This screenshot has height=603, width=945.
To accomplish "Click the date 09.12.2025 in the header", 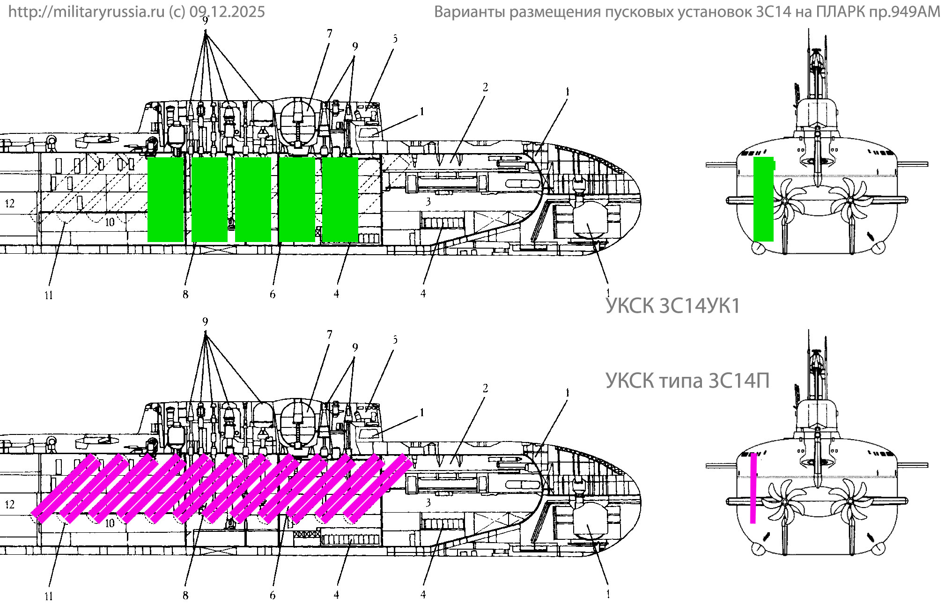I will coord(227,12).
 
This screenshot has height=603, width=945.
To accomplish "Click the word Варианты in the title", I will coord(469,12).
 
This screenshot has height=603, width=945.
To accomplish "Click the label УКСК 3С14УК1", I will coord(672,306).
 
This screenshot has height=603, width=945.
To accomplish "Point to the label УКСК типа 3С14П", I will coord(687,381).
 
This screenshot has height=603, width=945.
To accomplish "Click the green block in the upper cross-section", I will coord(763,199).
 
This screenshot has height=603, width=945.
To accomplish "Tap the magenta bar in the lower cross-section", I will coord(753,488).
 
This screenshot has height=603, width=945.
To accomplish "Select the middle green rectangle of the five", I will coord(253,199).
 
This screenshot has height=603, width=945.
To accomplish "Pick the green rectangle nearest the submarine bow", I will coord(340,199).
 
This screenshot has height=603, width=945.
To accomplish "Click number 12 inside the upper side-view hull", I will coord(10,204).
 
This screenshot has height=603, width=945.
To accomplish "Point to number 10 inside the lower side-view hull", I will coord(110,523).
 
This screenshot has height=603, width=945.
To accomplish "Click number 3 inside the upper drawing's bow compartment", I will coord(428,202).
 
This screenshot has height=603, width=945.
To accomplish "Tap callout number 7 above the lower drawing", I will coord(330,335).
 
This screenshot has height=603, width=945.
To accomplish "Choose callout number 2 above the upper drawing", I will coord(485,87).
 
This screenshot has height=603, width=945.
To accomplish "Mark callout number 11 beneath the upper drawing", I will coord(49,295).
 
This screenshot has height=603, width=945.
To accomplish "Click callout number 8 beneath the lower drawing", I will coord(185,595).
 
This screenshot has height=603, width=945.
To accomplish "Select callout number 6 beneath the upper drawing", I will coord(273,294).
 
